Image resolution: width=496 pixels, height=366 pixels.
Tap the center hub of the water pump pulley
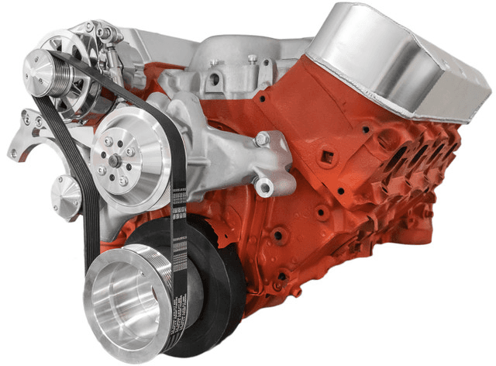tap(114, 161)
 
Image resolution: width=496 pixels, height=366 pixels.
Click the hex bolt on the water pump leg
tap(263, 139)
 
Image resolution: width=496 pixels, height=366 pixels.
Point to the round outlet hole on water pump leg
tap(268, 186)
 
